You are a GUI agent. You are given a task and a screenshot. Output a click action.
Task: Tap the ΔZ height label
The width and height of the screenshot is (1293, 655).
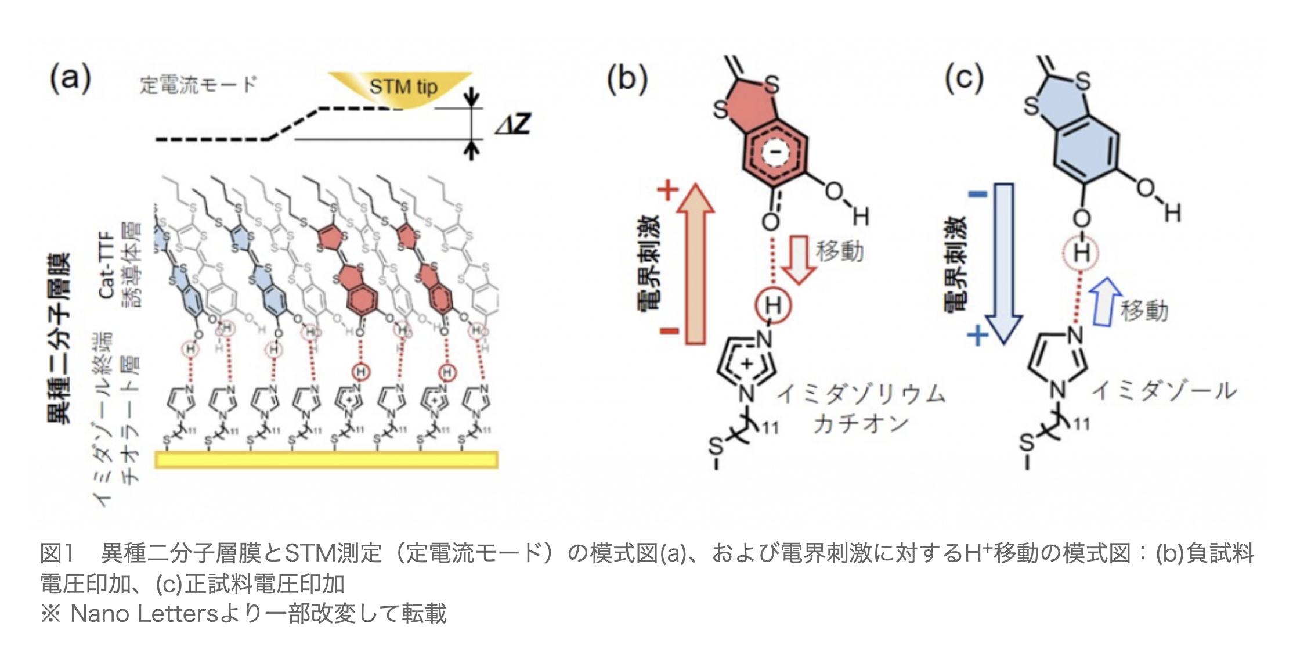pos(513,124)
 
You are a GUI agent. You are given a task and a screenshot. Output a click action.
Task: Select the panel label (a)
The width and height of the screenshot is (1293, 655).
pos(70,78)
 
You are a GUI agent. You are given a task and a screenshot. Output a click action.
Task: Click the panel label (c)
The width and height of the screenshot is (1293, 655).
pos(963,78)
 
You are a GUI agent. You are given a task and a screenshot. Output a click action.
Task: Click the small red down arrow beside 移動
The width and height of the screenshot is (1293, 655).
pos(799,259)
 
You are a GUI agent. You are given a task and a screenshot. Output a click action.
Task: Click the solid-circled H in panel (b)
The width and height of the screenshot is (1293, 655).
pos(773,304)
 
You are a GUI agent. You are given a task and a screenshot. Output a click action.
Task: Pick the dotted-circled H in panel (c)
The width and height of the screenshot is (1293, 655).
pos(1081,253)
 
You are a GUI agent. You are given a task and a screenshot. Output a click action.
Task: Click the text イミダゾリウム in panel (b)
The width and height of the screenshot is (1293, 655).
pos(861,394)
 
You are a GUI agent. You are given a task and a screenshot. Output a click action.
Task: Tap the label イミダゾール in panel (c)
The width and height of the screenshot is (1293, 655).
pos(1164,391)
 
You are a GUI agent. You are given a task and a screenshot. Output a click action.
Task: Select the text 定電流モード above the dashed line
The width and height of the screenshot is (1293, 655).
pos(197,85)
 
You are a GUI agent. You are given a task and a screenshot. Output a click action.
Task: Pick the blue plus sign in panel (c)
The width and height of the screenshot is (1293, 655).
pos(977,335)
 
